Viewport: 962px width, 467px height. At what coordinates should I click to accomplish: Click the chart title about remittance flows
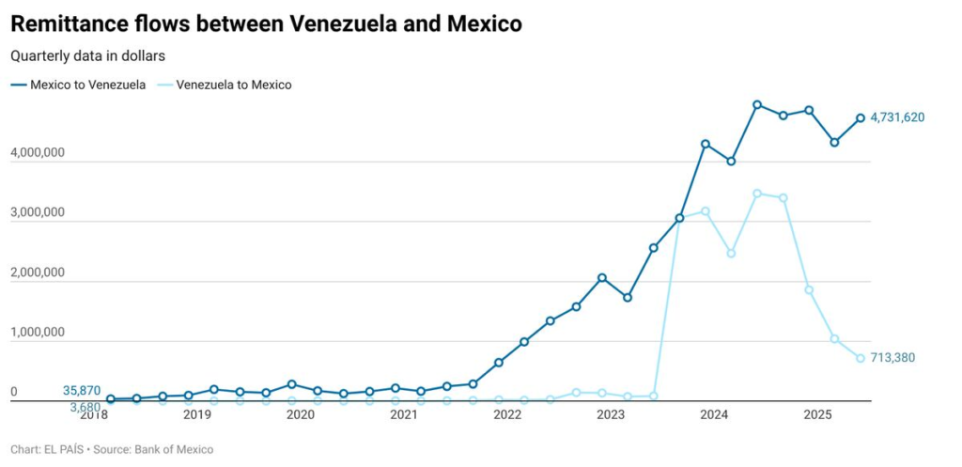266,24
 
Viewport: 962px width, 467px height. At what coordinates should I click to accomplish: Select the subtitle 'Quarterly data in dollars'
87,56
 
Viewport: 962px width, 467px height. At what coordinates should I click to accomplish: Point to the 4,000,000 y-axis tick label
38,152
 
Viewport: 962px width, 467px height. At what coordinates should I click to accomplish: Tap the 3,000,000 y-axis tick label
38,212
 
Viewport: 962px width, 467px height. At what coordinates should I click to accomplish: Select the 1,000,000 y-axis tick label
38,333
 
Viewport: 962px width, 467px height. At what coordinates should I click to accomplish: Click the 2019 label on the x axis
196,414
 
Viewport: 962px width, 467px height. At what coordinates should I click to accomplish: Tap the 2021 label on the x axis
403,414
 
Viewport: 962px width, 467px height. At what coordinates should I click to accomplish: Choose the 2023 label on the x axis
611,414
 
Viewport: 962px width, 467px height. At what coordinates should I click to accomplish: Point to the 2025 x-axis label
817,414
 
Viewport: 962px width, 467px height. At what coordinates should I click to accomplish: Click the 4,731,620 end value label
897,117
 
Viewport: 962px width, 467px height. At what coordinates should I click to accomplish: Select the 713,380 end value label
892,358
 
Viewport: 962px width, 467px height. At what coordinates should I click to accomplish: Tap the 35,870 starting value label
82,391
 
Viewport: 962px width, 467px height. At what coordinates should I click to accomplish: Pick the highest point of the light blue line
757,194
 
